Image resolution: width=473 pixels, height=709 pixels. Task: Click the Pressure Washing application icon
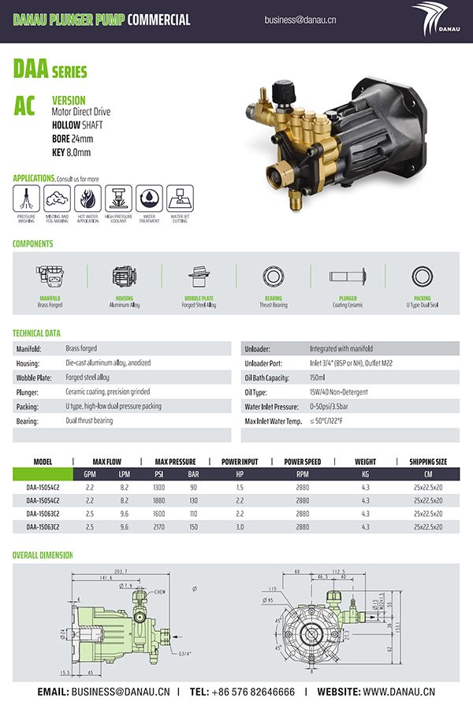(x=26, y=197)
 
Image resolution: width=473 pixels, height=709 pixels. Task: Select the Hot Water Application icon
(x=88, y=197)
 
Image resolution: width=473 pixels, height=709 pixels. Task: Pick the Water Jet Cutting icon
(x=180, y=197)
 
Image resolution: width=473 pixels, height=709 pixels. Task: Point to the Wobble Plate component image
(x=198, y=277)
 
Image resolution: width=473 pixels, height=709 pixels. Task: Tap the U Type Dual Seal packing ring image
(x=422, y=277)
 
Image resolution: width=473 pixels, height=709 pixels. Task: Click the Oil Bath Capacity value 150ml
(x=323, y=377)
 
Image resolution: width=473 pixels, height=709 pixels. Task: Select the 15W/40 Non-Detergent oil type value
(x=344, y=392)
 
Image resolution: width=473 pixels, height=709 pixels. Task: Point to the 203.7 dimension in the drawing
(x=121, y=571)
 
